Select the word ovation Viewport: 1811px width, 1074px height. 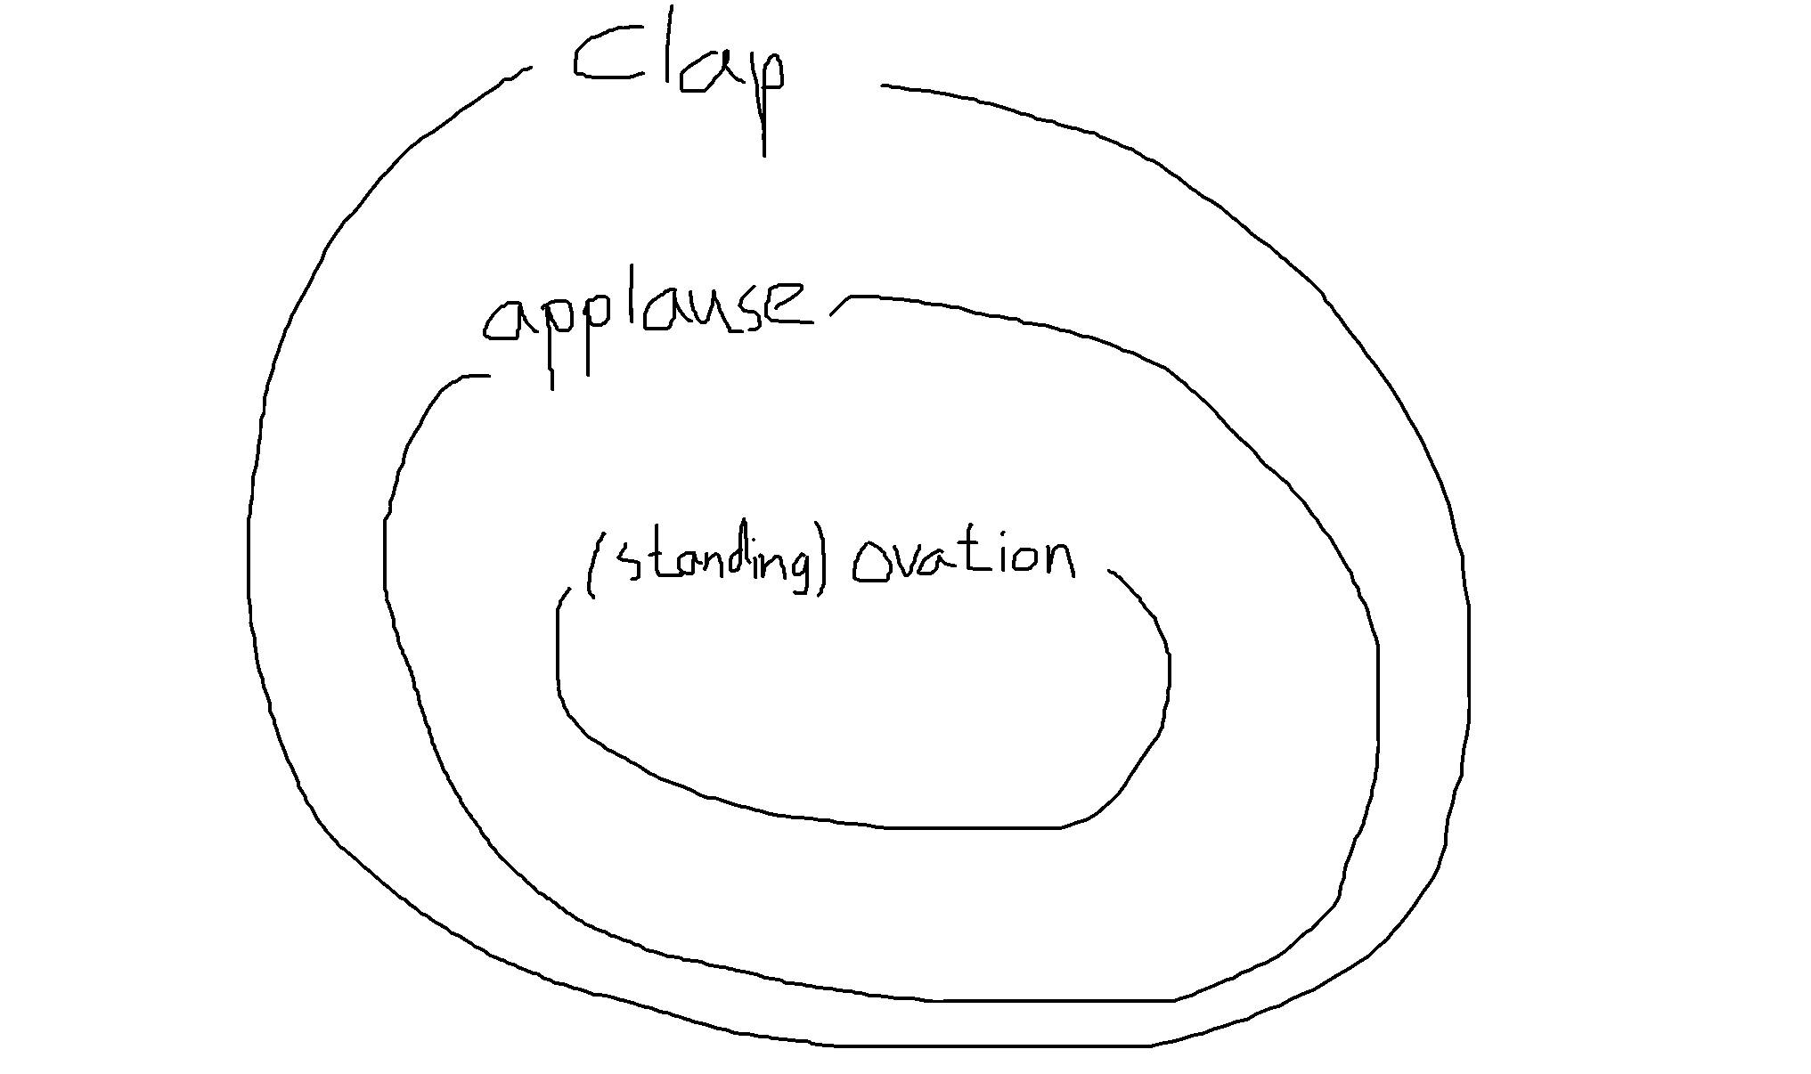[x=962, y=561]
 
